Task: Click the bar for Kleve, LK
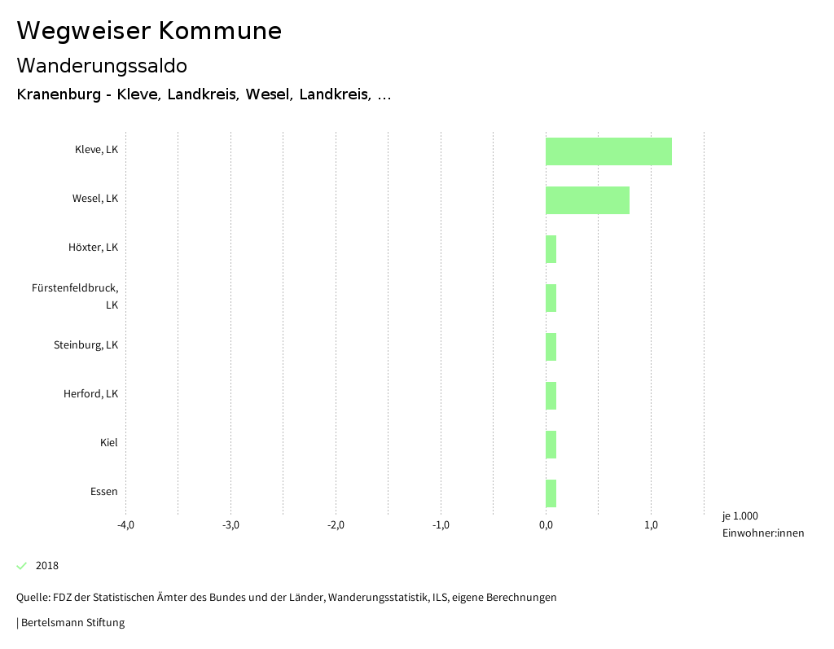pyautogui.click(x=608, y=151)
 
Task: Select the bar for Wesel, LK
pyautogui.click(x=587, y=200)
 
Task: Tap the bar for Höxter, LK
pyautogui.click(x=551, y=249)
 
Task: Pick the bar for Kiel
pyautogui.click(x=551, y=445)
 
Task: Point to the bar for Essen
pyautogui.click(x=551, y=493)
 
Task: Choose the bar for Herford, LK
pyautogui.click(x=551, y=396)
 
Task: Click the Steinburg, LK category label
pyautogui.click(x=86, y=345)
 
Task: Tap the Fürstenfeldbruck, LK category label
pyautogui.click(x=75, y=296)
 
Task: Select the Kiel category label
pyautogui.click(x=108, y=443)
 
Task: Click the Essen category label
pyautogui.click(x=103, y=492)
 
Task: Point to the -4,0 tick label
pyautogui.click(x=125, y=525)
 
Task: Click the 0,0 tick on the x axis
pyautogui.click(x=546, y=525)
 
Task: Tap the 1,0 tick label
pyautogui.click(x=651, y=525)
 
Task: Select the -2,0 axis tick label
pyautogui.click(x=336, y=525)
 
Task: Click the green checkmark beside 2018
pyautogui.click(x=22, y=566)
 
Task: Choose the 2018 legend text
pyautogui.click(x=47, y=566)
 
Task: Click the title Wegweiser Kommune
pyautogui.click(x=149, y=31)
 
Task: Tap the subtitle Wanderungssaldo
pyautogui.click(x=102, y=65)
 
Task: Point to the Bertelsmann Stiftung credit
pyautogui.click(x=72, y=623)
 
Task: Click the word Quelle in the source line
pyautogui.click(x=32, y=598)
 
